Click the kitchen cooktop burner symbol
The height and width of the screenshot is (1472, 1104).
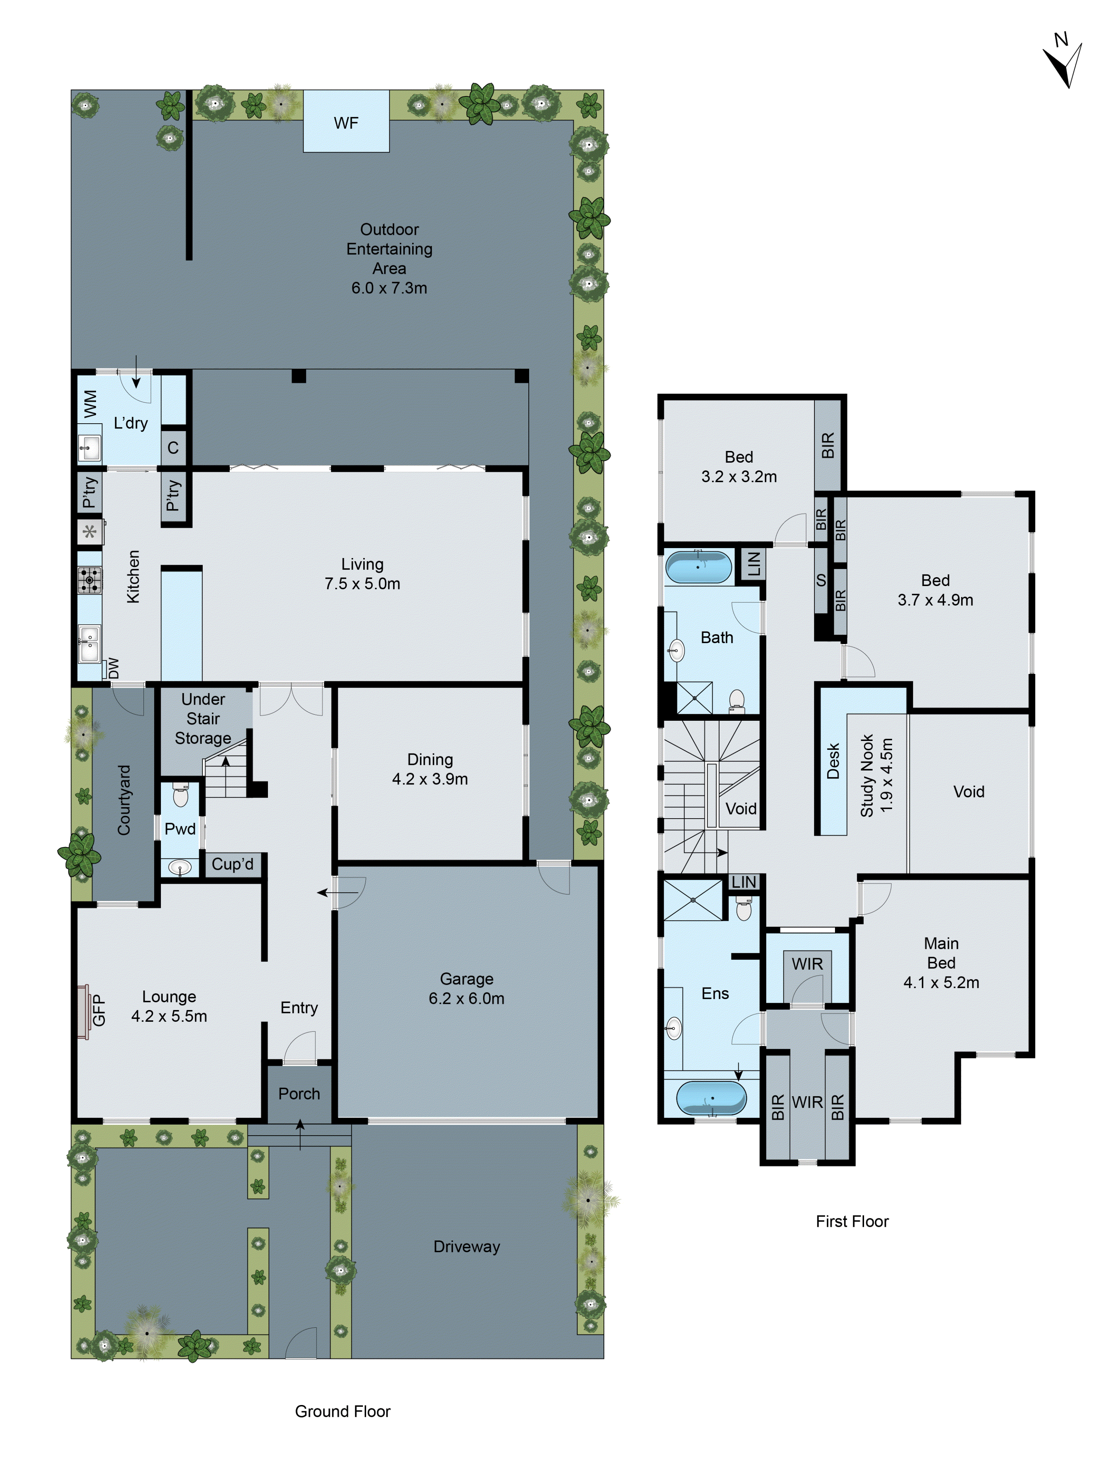(x=89, y=580)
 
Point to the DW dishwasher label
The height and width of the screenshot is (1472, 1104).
(x=114, y=667)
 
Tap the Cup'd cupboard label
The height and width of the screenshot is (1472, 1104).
(x=232, y=864)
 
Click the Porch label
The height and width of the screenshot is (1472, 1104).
(x=299, y=1093)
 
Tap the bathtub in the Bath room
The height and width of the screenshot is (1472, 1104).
(x=697, y=566)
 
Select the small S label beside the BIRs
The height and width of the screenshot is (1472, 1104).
(x=821, y=580)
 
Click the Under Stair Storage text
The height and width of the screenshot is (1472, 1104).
(x=203, y=719)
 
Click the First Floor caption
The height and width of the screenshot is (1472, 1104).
(x=852, y=1221)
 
